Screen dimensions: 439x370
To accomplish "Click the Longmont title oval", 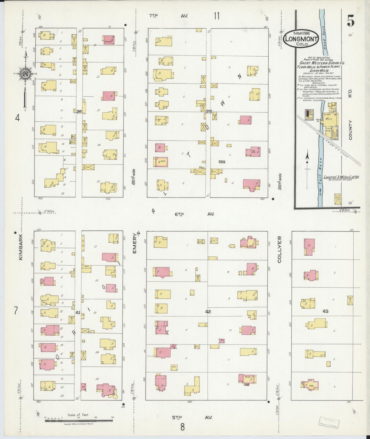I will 301,39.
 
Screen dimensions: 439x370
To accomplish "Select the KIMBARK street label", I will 21,247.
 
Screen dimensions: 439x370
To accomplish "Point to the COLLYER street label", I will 279,249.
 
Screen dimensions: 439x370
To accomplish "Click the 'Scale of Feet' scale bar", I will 79,420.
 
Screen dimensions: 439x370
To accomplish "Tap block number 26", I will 79,111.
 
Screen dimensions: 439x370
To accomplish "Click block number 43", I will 325,311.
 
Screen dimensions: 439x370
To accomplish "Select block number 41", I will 78,312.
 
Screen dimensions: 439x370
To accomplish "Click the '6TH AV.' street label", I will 194,214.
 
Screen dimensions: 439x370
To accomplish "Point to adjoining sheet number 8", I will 182,427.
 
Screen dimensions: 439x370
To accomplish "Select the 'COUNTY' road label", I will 350,130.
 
